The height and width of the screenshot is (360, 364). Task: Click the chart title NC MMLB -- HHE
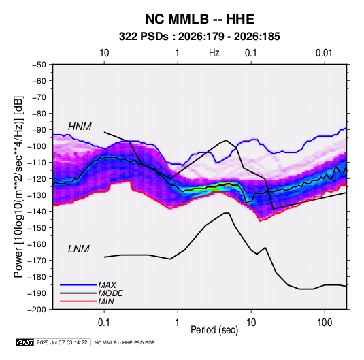(199, 19)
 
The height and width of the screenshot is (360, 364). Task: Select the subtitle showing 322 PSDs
(199, 37)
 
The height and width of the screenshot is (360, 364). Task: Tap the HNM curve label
(80, 127)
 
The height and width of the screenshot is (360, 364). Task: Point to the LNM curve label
(79, 249)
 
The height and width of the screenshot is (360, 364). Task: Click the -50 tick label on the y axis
(39, 65)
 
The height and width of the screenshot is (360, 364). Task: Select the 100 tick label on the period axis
(325, 323)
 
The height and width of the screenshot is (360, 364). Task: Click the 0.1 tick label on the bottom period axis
(104, 323)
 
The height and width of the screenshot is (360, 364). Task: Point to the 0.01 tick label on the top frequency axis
(324, 53)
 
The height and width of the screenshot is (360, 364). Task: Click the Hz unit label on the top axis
(214, 53)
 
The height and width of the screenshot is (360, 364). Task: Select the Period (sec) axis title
(214, 330)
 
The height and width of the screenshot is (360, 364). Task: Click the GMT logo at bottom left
(25, 342)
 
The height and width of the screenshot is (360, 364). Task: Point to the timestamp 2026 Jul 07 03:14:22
(62, 342)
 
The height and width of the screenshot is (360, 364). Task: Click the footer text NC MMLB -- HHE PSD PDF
(125, 342)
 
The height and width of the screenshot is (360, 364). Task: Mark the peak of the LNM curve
(227, 213)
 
